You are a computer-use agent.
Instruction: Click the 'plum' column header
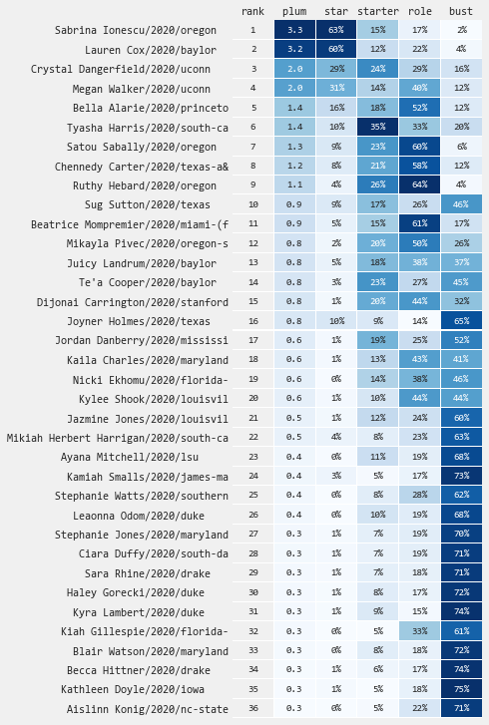point(294,12)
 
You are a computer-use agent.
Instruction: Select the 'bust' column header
point(461,11)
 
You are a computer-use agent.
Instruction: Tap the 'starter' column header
point(378,11)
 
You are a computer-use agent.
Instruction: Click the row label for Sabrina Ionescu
point(135,31)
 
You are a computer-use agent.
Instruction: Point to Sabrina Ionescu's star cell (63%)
point(336,30)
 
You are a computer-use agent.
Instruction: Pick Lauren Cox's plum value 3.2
point(294,49)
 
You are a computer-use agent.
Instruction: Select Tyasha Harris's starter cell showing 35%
point(378,127)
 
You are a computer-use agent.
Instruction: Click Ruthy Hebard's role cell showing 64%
point(419,184)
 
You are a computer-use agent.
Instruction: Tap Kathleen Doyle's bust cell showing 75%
point(461,689)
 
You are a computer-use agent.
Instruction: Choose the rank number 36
point(253,708)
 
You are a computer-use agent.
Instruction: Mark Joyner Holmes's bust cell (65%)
point(461,320)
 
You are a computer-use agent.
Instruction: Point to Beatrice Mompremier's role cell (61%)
point(419,223)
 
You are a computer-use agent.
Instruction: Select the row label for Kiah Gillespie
point(145,631)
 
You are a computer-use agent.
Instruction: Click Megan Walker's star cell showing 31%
point(336,88)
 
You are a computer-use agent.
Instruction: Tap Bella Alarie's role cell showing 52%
point(419,108)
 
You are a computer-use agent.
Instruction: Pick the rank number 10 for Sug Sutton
point(253,204)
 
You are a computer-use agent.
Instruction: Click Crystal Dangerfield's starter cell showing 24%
point(378,69)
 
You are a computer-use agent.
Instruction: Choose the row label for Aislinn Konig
point(148,709)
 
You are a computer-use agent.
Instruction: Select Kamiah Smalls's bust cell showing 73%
point(461,476)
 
